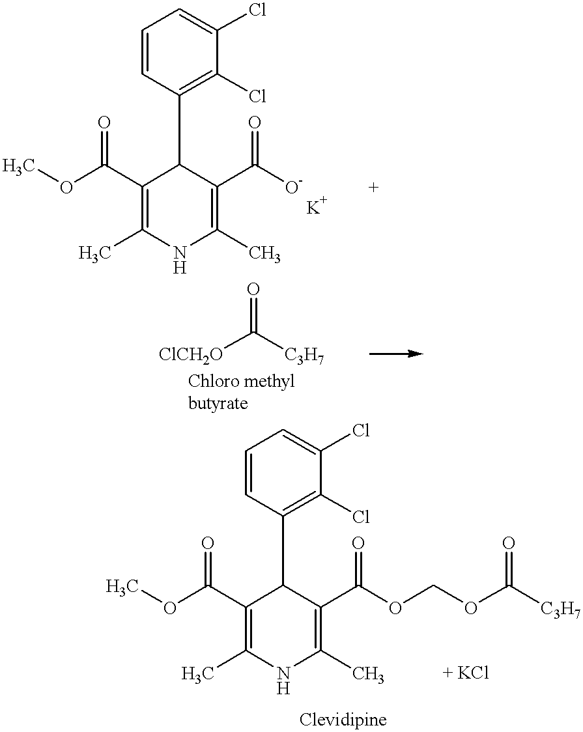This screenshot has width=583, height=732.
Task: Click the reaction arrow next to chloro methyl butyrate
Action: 396,354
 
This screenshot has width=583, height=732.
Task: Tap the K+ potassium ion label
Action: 317,206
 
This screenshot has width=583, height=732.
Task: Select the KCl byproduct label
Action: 466,673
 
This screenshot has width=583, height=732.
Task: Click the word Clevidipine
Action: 343,719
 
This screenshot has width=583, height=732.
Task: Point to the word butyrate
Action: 218,402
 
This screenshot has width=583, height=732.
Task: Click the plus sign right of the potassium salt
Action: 373,188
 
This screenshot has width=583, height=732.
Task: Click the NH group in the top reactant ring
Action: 180,260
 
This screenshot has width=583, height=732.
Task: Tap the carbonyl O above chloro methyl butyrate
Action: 253,290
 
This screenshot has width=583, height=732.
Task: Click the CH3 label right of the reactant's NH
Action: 264,254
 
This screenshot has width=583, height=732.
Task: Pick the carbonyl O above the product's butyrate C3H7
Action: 509,543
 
